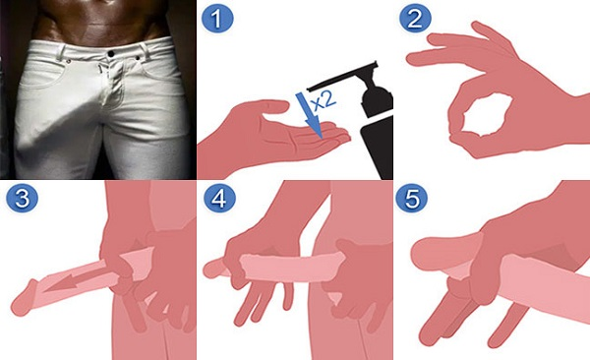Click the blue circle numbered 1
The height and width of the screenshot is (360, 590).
[x=217, y=19]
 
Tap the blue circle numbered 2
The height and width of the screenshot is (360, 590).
[x=415, y=19]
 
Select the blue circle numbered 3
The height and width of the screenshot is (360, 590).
[x=22, y=198]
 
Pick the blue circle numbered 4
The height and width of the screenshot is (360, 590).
[x=219, y=198]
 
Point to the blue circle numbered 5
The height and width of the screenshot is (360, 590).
[x=412, y=198]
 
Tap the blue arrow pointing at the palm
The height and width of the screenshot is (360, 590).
[x=309, y=115]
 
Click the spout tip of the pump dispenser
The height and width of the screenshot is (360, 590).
[x=309, y=90]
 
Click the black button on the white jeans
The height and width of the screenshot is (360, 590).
[x=111, y=53]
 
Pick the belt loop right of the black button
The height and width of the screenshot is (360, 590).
[x=145, y=51]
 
